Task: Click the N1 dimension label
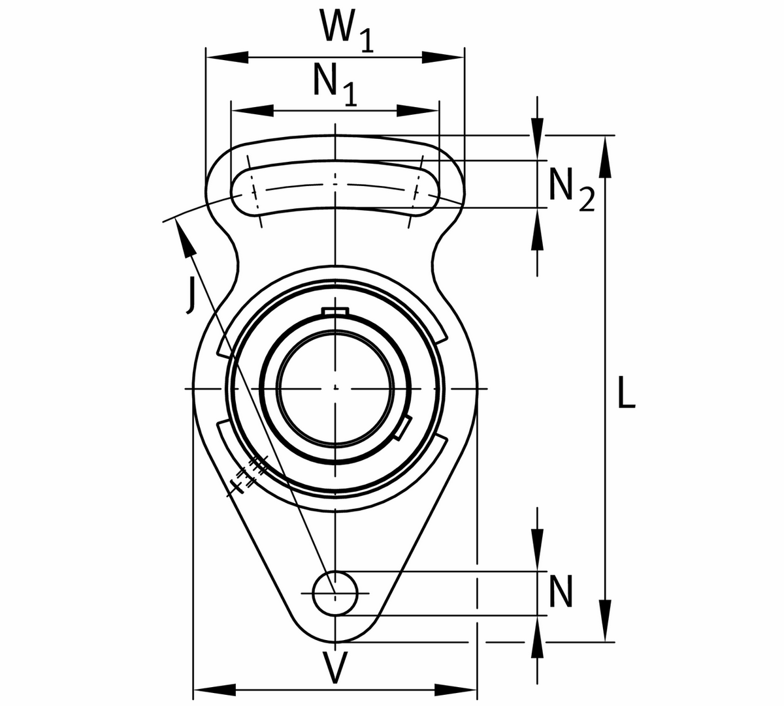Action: coord(335,85)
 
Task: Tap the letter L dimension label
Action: coord(627,392)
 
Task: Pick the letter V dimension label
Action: coord(335,668)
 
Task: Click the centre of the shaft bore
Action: coord(335,388)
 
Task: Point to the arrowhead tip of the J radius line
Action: coord(176,219)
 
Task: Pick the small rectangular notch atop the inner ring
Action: coord(335,311)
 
